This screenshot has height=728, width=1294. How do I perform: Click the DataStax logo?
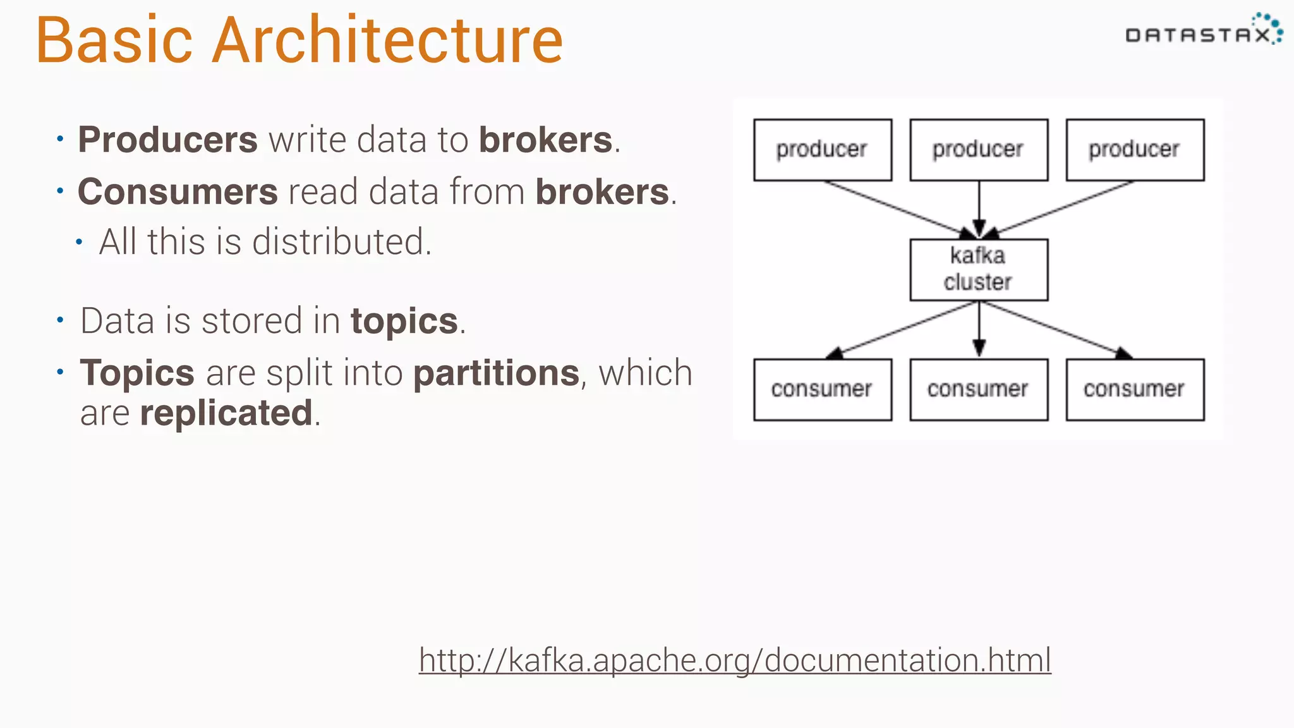1203,32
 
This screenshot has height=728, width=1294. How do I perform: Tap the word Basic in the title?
114,40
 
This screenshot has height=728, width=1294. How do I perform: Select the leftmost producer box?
822,150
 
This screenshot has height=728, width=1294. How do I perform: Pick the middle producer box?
978,150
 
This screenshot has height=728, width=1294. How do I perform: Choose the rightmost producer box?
1134,150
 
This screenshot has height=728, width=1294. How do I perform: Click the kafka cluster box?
978,269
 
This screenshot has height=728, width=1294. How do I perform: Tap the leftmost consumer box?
822,389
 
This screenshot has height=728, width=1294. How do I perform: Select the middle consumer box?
978,389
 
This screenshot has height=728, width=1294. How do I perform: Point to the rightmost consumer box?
1134,389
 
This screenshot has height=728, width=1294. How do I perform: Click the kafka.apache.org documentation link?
734,660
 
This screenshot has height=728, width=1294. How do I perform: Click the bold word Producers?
167,140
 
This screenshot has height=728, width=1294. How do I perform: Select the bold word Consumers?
178,191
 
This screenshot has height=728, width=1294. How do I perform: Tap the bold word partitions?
496,373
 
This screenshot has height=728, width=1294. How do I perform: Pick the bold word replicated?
226,413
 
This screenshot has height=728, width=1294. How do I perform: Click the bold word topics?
404,321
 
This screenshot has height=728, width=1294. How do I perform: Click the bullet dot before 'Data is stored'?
60,320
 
